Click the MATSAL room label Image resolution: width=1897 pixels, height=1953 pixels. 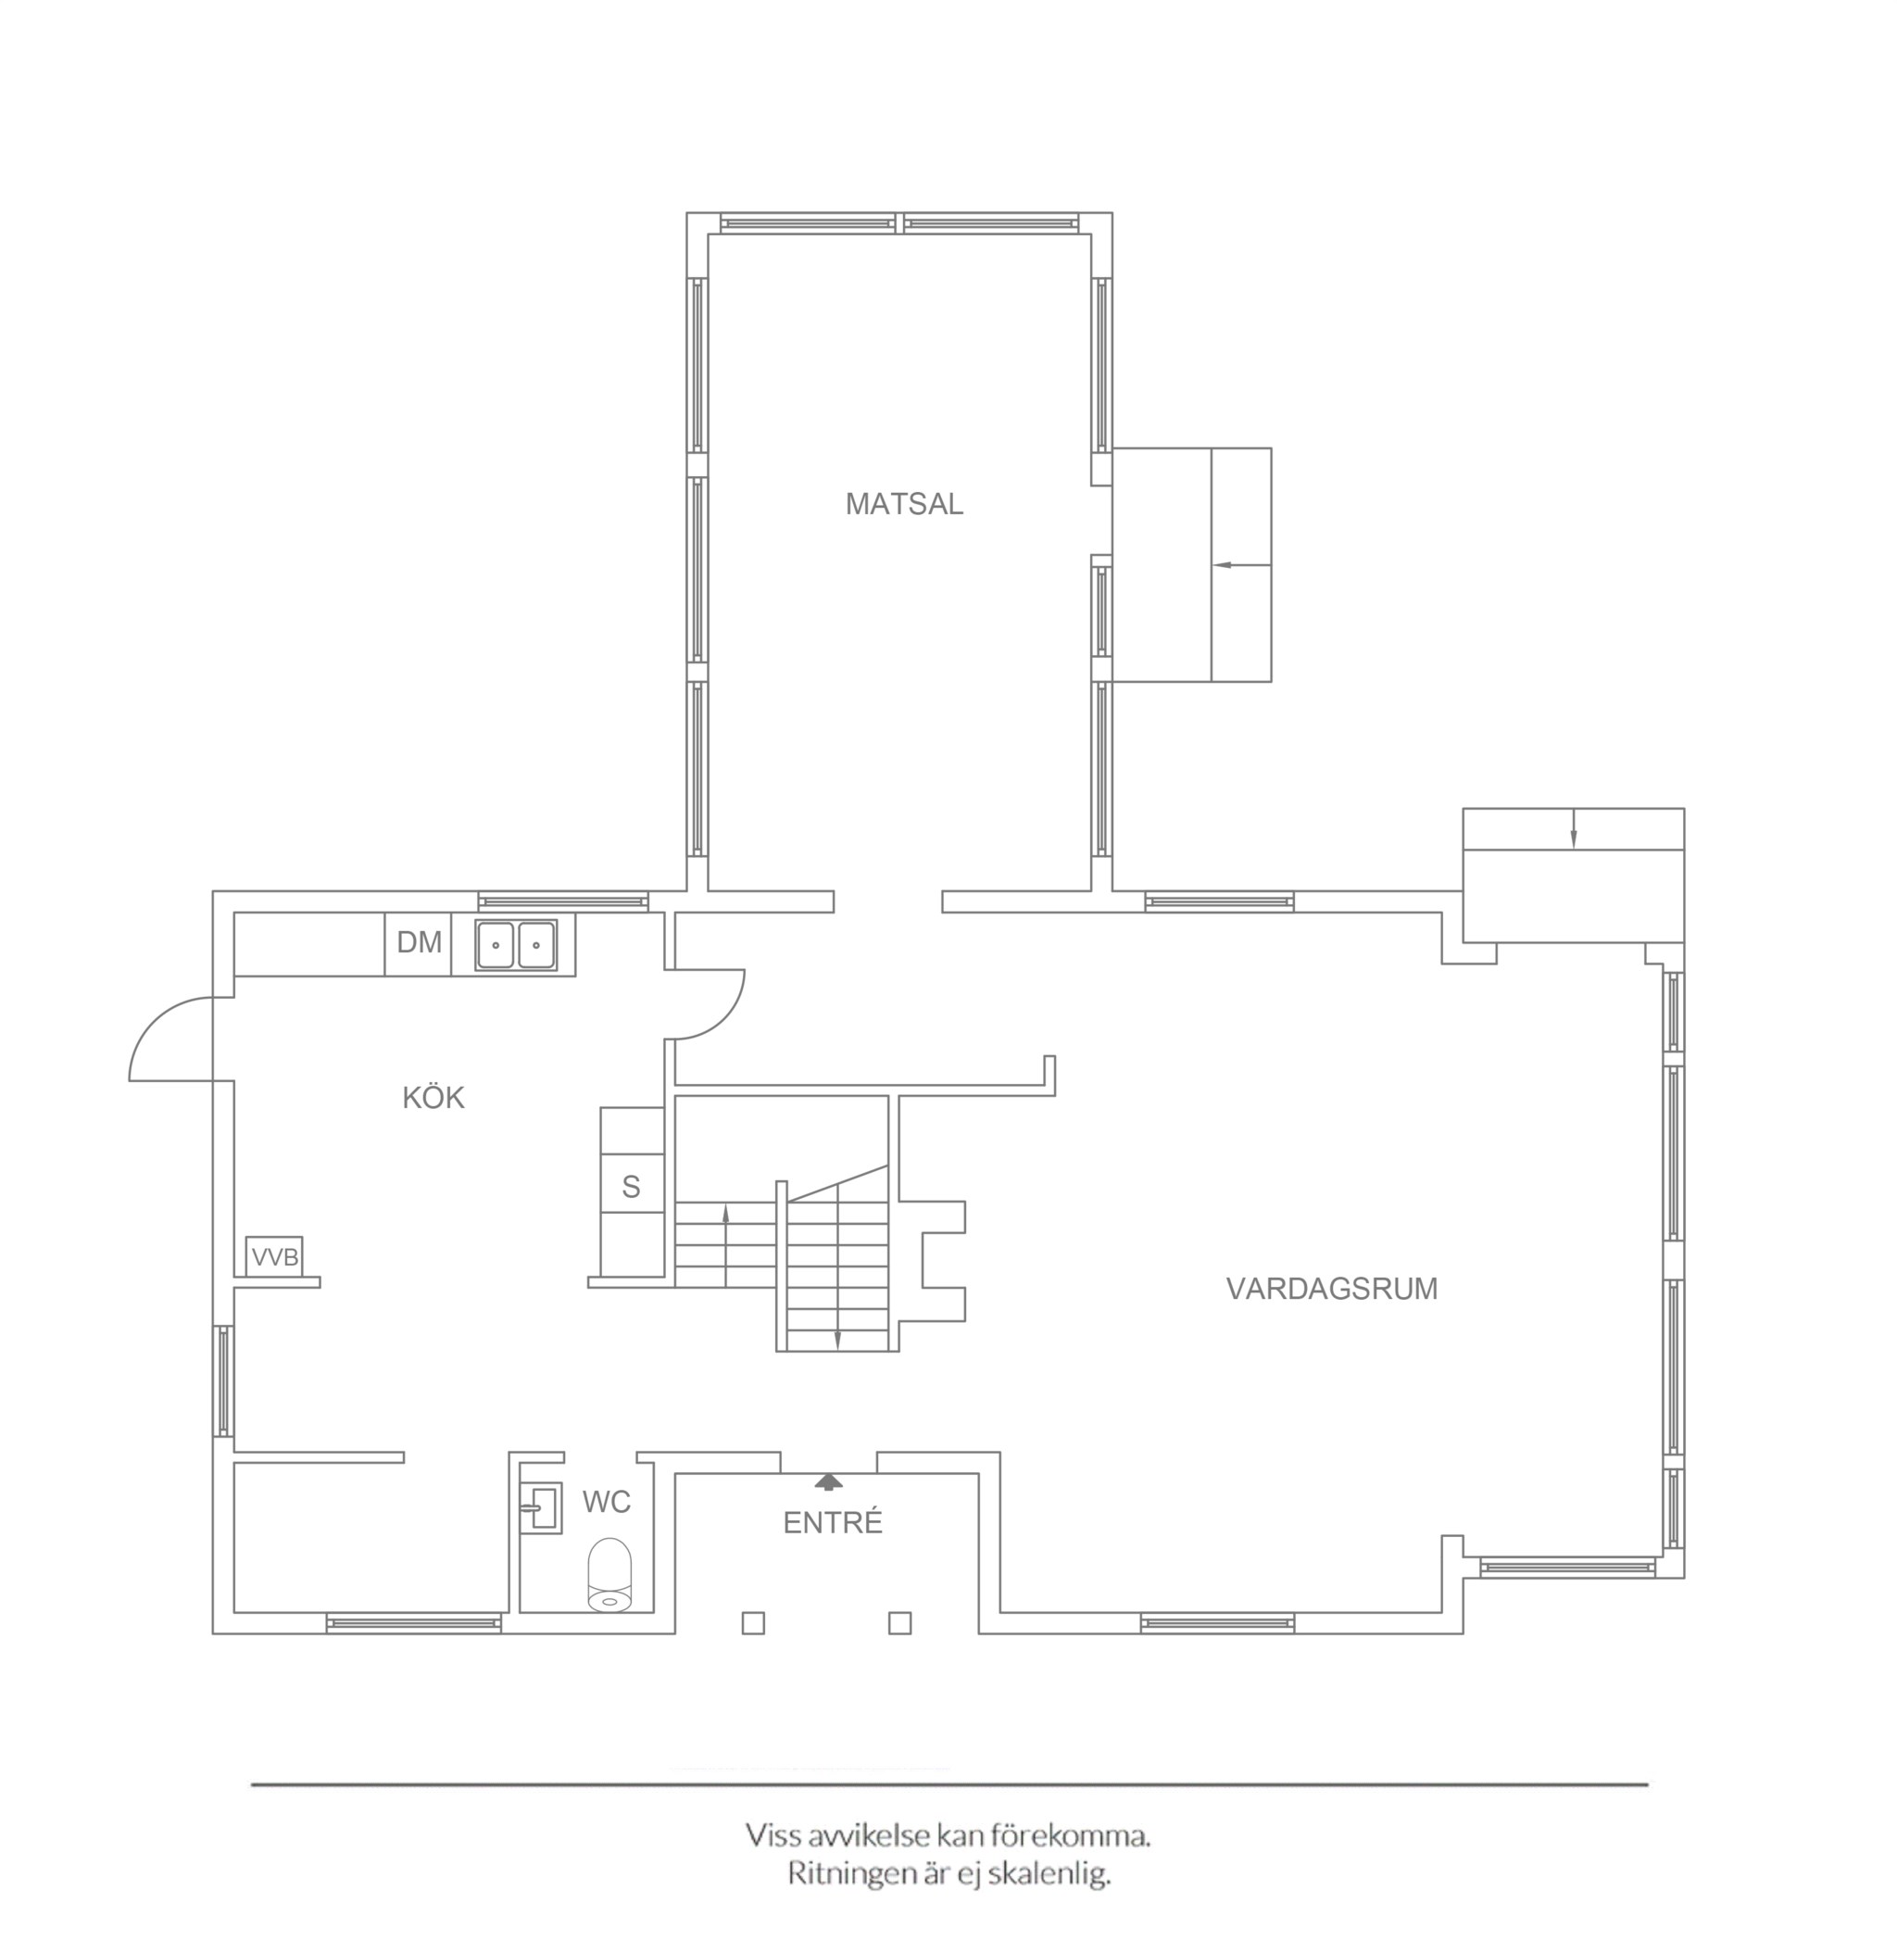click(904, 504)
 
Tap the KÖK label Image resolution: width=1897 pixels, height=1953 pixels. click(433, 1097)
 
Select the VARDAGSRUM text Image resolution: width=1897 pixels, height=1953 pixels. click(1331, 1289)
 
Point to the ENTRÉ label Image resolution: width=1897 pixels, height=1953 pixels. click(833, 1522)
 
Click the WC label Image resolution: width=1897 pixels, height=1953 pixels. click(606, 1502)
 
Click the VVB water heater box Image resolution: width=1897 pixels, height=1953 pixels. click(274, 1256)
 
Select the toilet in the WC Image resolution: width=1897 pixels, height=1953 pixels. click(609, 1575)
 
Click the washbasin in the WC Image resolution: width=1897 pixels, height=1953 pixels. click(542, 1507)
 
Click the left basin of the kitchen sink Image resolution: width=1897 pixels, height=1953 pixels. click(496, 945)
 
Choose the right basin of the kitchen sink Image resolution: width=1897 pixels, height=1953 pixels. click(536, 945)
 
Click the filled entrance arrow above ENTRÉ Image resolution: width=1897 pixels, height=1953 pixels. click(828, 1481)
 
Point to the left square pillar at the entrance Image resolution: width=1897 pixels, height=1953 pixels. click(753, 1623)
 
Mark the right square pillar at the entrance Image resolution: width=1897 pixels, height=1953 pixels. click(899, 1623)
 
